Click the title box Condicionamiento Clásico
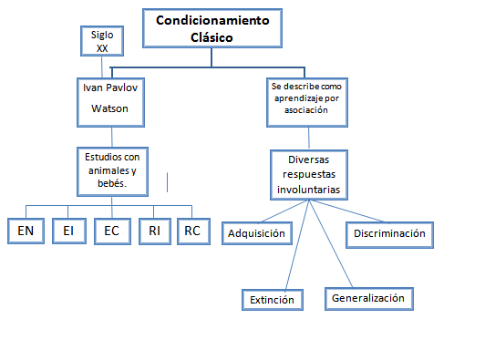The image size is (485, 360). (x=212, y=28)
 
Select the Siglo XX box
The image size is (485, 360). (x=101, y=40)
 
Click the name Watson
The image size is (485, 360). (x=109, y=108)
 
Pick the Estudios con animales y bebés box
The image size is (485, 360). (x=110, y=169)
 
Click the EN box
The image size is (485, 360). (x=26, y=231)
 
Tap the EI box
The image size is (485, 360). (x=67, y=231)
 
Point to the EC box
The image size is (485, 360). (x=111, y=231)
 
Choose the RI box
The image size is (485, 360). (x=155, y=231)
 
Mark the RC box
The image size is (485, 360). (x=192, y=231)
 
